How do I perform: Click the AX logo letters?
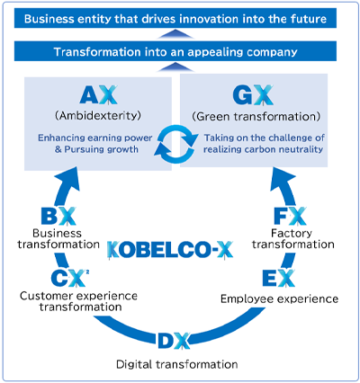coord(98,95)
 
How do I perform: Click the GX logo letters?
coord(253,95)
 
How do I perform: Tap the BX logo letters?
coord(58,216)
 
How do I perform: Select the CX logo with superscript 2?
coord(70,278)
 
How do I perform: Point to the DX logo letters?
coord(174,341)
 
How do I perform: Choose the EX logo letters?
coord(279,278)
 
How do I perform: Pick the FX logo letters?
coord(291,216)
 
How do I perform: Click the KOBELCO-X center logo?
coord(170,250)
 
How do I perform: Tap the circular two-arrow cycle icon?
coord(176,144)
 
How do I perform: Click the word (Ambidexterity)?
coord(98,116)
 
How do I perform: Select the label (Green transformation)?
coord(256,116)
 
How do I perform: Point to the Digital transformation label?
coord(177,364)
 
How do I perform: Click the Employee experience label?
coord(280,298)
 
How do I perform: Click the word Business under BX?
coord(57,233)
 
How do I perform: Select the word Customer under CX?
coord(46,296)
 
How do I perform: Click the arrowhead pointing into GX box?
coord(282,180)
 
